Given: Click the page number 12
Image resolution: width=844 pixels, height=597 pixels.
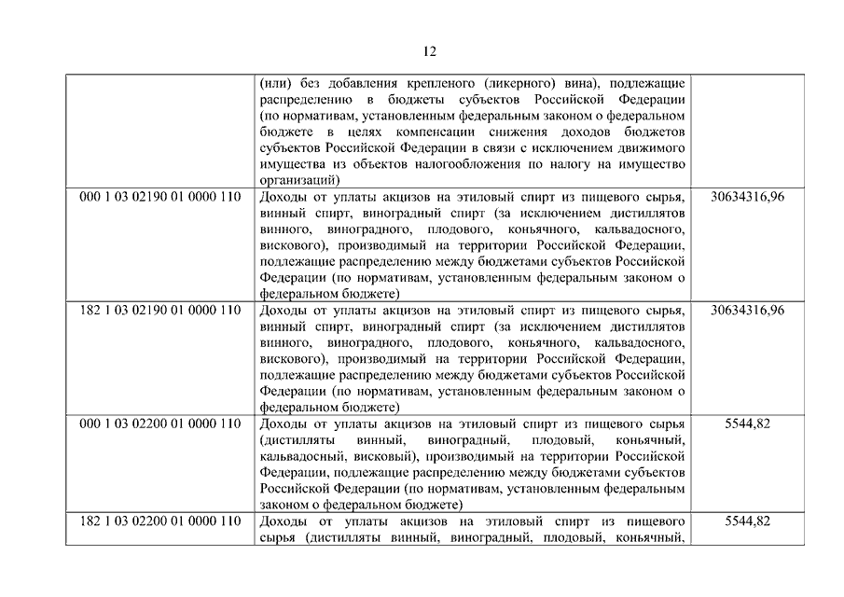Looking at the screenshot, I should pyautogui.click(x=429, y=51).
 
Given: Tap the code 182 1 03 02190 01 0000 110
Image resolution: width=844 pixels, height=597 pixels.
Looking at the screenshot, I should pyautogui.click(x=160, y=310).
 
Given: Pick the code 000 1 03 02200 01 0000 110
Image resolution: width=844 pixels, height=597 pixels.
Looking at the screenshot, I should pyautogui.click(x=160, y=423).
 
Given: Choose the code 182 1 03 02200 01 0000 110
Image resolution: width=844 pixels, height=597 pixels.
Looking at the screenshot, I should pyautogui.click(x=160, y=521).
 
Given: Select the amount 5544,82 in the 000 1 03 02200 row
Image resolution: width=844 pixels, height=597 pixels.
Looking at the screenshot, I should pyautogui.click(x=747, y=423).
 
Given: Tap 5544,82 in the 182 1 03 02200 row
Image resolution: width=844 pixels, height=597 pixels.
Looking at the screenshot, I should pyautogui.click(x=747, y=521).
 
